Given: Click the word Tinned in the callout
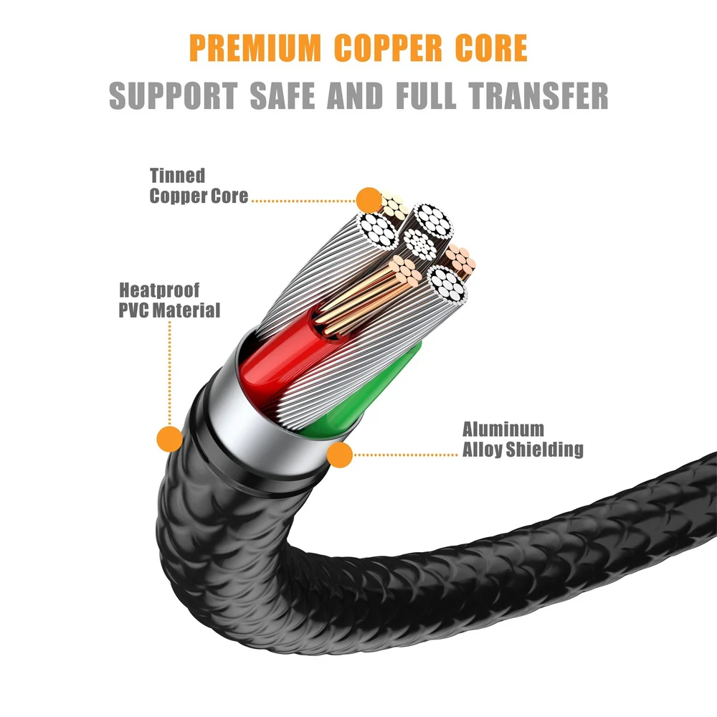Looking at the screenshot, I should (177, 176).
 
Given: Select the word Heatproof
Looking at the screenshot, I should (159, 291).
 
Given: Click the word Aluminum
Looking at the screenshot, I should (503, 430).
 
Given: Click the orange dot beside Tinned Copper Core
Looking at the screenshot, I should (368, 199).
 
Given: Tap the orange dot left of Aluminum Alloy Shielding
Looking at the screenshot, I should (340, 453).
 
